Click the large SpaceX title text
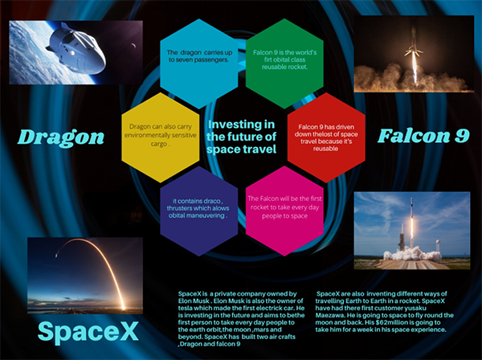[88, 331]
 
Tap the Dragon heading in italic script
[61, 137]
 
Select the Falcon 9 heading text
[423, 136]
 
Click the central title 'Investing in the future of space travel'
[241, 137]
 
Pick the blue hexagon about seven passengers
[199, 63]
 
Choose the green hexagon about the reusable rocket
[284, 63]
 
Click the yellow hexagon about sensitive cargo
[161, 137]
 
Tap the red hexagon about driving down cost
[326, 137]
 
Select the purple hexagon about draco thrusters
[199, 211]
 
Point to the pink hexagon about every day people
[284, 211]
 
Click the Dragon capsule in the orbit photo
[77, 49]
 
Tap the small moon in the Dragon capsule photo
[133, 46]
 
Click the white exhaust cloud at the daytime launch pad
[412, 254]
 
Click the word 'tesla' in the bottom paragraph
[185, 308]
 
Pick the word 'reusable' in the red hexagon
[326, 149]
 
